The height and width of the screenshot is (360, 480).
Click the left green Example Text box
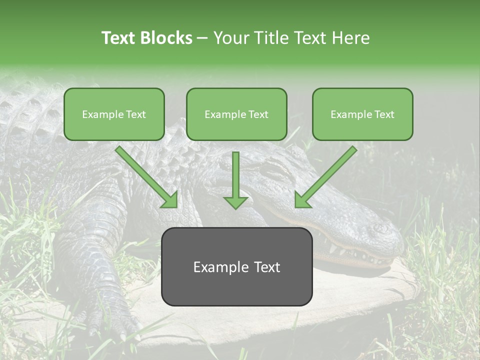coord(114,114)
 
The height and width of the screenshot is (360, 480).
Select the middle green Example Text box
coord(236,114)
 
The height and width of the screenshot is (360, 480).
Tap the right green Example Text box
coord(362,114)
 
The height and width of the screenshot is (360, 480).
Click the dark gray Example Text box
coord(236,266)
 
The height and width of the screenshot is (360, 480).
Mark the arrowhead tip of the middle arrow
coord(235,207)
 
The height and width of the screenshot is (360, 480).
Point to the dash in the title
coord(202,38)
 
